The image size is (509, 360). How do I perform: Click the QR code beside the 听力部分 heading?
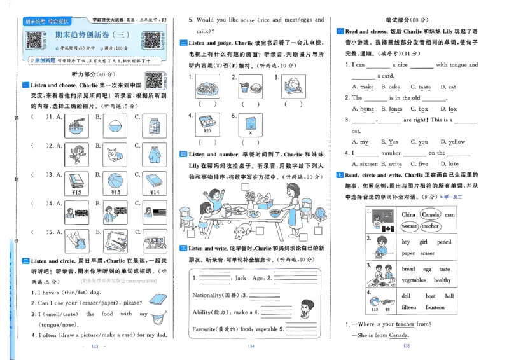pos(153,80)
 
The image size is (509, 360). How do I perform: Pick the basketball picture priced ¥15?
pos(115,181)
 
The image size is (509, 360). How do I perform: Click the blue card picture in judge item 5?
pos(250,122)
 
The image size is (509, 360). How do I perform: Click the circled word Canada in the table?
pos(431,215)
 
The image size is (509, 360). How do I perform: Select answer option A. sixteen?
pos(365,163)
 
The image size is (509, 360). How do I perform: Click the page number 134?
pos(250,346)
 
